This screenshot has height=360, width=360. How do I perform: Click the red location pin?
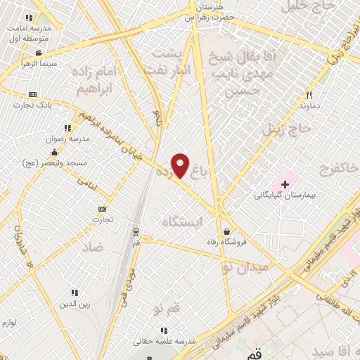tap(181, 165)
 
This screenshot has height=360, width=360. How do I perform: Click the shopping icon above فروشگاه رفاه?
tap(226, 231)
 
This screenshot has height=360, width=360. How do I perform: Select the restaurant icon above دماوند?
tap(309, 96)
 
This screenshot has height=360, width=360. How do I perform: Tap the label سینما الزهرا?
tap(27, 63)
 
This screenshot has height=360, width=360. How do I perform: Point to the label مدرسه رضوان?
tap(68, 139)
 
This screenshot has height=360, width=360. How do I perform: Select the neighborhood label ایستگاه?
tap(181, 221)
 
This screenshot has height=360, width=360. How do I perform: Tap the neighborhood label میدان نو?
tap(245, 267)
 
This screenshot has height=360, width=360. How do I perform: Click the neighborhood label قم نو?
tap(167, 308)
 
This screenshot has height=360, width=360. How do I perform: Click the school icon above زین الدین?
tap(75, 292)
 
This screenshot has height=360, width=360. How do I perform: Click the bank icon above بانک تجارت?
tap(32, 94)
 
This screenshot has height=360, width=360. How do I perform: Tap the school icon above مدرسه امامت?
tap(29, 17)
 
